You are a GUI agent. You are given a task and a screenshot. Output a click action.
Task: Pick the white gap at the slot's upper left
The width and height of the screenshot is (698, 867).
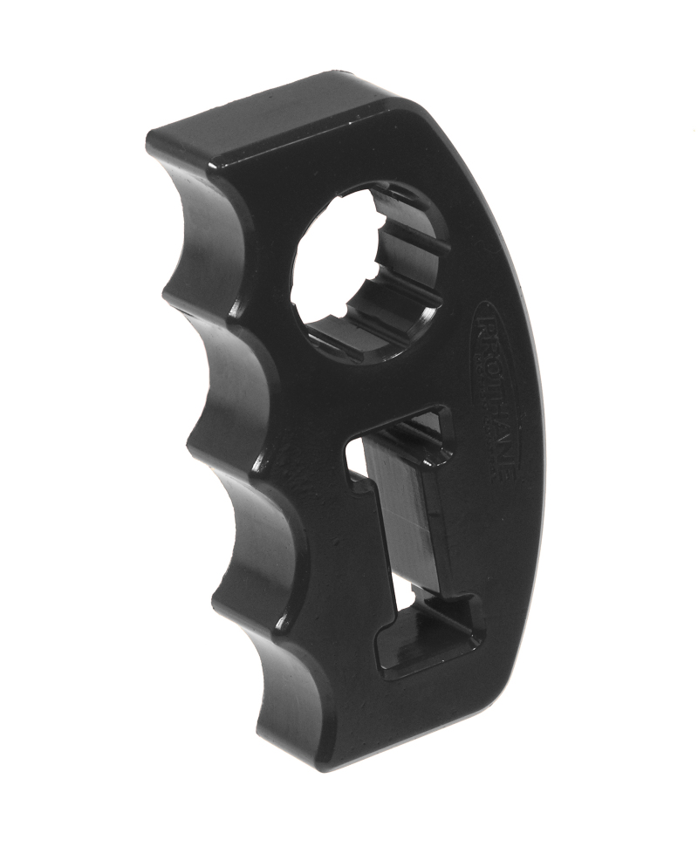coord(355,462)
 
